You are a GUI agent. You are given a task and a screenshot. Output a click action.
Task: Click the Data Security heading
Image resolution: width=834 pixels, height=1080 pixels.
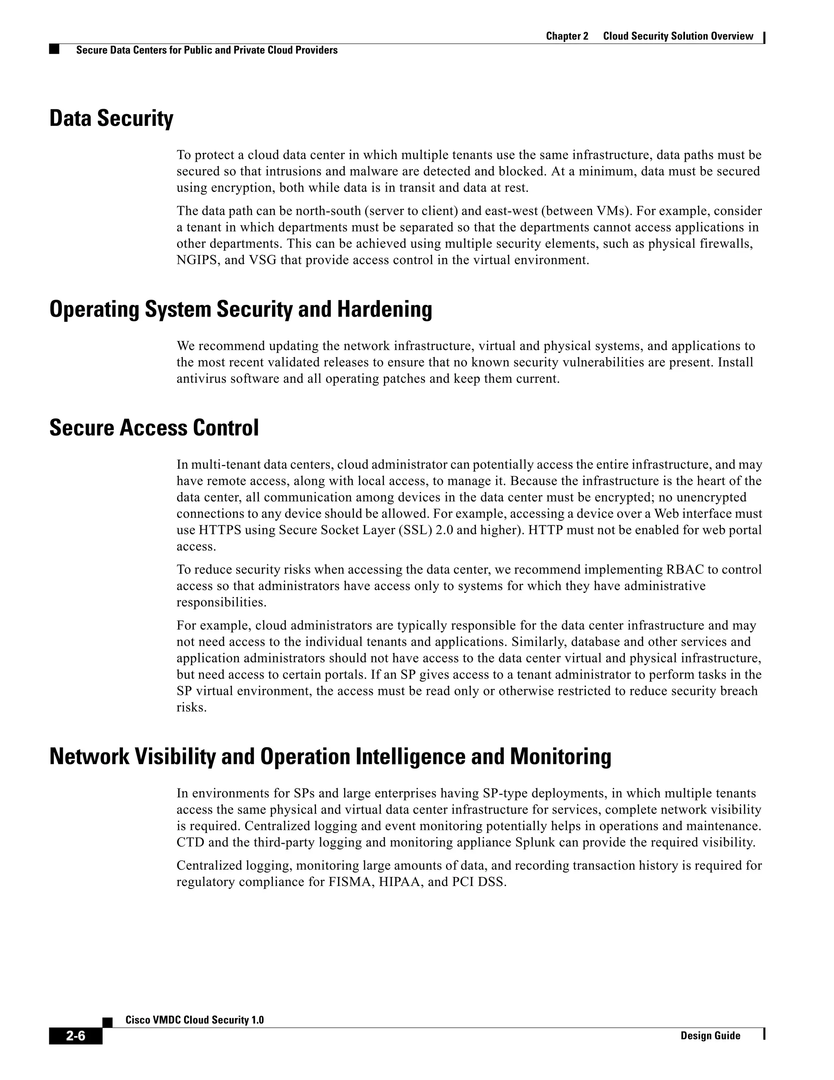tap(111, 119)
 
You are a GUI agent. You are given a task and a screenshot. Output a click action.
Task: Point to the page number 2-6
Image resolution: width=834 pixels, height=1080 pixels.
tap(76, 1036)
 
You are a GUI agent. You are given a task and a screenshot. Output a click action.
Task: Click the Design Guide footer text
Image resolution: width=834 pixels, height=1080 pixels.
tap(710, 1036)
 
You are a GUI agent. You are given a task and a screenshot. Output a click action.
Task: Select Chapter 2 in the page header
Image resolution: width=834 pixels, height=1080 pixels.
tap(567, 36)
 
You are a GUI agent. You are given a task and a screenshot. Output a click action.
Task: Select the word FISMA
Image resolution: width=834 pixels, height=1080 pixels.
tap(349, 882)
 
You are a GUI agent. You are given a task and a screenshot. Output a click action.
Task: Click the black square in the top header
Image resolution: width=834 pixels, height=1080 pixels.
tap(54, 49)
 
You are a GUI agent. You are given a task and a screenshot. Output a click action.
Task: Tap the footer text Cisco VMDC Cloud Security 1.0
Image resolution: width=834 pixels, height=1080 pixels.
tap(194, 1020)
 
